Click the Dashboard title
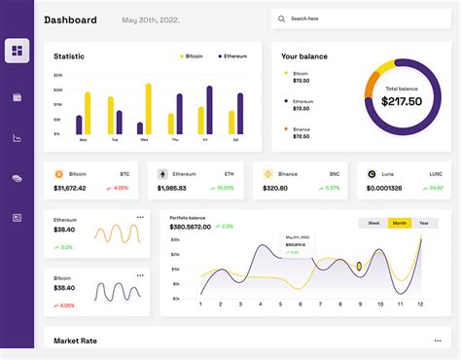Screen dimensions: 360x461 click(x=71, y=19)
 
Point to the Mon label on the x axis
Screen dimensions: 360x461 click(x=83, y=140)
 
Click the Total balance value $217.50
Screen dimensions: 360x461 click(x=401, y=100)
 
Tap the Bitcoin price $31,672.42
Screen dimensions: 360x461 click(x=70, y=188)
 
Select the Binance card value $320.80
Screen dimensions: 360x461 click(x=275, y=188)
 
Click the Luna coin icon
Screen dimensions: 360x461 click(x=372, y=174)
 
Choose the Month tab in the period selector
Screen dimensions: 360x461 click(x=399, y=223)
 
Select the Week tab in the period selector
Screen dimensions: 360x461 click(x=373, y=223)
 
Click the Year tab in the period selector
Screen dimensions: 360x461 click(x=423, y=223)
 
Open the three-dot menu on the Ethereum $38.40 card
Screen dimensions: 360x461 click(x=140, y=217)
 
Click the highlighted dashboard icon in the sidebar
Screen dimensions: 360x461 click(x=17, y=51)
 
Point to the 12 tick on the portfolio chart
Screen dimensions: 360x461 click(x=420, y=305)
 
